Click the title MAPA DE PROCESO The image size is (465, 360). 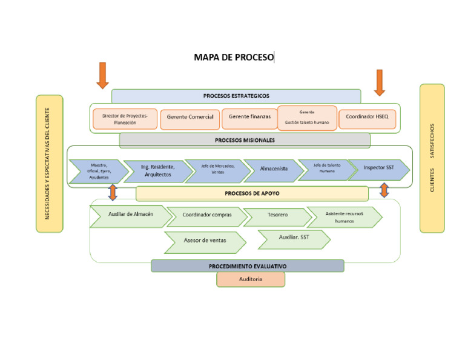tap(234, 58)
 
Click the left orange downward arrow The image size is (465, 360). tap(102, 75)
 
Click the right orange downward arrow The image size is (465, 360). tap(380, 82)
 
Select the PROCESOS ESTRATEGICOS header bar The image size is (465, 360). tap(236, 96)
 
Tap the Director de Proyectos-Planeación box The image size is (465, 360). tap(125, 119)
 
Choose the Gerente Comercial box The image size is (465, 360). tap(190, 118)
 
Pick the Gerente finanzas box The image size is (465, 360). tap(249, 118)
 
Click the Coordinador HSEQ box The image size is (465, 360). tap(368, 118)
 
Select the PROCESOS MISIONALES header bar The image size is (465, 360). tap(245, 140)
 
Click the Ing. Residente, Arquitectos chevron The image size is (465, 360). tap(157, 171)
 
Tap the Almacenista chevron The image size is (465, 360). tap(273, 170)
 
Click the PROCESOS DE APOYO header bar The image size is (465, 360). tap(252, 194)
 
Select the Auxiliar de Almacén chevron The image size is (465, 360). tap(130, 215)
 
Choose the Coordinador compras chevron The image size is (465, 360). tap(206, 216)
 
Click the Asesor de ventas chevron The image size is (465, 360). tap(205, 241)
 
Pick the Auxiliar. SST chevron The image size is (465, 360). tap(294, 238)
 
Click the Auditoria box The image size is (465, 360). tap(251, 279)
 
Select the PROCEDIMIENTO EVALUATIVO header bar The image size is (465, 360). tap(248, 266)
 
